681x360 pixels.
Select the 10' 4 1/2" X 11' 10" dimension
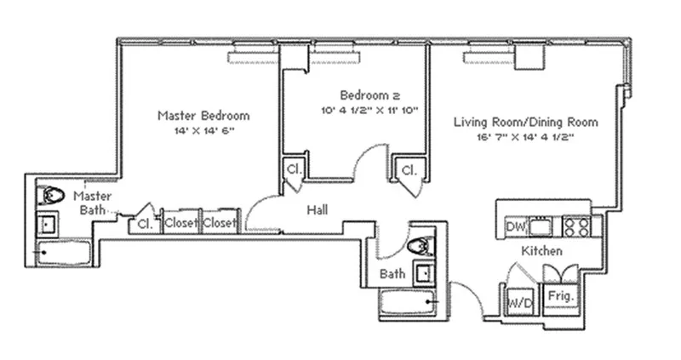tap(369, 111)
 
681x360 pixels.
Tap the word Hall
tap(318, 209)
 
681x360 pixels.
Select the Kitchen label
tap(541, 251)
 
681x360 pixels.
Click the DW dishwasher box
tap(514, 226)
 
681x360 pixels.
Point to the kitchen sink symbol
tap(542, 226)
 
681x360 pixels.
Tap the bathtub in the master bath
tap(64, 253)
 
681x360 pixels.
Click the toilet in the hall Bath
tap(420, 247)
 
